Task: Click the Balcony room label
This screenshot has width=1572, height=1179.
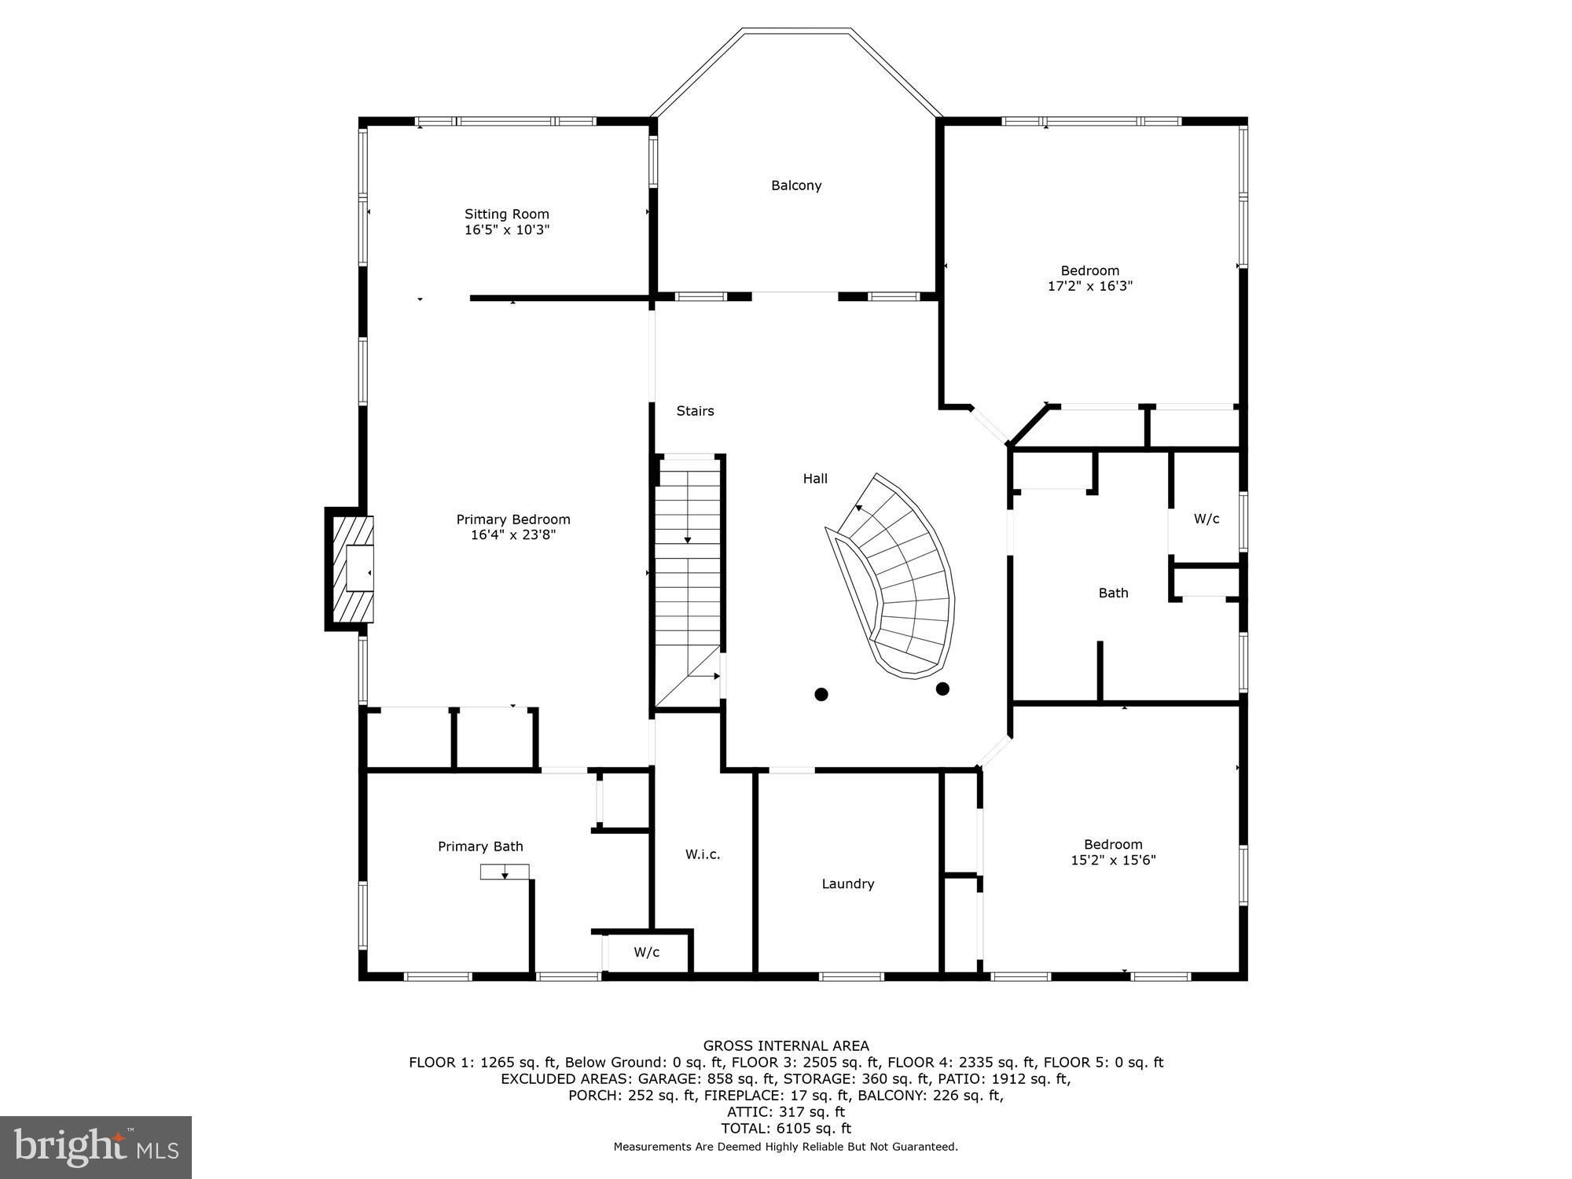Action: click(796, 185)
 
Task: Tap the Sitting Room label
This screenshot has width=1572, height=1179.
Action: click(507, 214)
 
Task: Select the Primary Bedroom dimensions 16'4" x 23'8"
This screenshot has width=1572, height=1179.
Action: click(513, 535)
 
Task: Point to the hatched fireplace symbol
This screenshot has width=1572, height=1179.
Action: click(351, 569)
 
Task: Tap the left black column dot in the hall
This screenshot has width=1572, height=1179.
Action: click(821, 694)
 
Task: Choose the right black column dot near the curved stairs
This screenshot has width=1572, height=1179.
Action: click(943, 689)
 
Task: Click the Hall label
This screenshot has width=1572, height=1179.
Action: click(815, 478)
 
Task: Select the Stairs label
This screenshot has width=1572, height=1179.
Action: click(696, 410)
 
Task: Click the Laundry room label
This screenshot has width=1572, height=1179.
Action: click(848, 883)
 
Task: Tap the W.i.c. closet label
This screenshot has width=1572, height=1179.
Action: click(703, 854)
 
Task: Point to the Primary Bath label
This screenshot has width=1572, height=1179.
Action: click(480, 847)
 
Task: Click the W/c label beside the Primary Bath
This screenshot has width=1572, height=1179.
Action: click(647, 953)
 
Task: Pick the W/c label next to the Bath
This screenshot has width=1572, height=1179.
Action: click(1207, 519)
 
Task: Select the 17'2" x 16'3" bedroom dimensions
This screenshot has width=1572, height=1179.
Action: click(1090, 286)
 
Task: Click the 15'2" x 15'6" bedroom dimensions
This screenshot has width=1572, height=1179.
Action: click(1113, 860)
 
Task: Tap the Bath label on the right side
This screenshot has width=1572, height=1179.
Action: click(1113, 593)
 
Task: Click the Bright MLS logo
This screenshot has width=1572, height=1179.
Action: click(96, 1147)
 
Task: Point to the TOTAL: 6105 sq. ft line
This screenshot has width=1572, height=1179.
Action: click(786, 1128)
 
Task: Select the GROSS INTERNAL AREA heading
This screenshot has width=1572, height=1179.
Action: click(786, 1045)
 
